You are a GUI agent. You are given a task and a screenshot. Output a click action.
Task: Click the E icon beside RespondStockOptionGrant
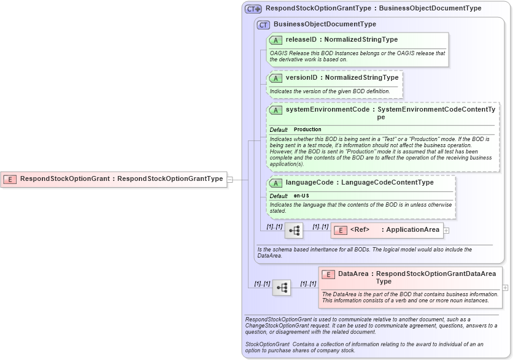click(x=10, y=179)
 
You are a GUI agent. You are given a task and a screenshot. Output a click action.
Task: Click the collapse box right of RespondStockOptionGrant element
click(x=230, y=179)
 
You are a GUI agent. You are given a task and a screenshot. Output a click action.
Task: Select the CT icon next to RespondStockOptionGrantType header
click(x=253, y=9)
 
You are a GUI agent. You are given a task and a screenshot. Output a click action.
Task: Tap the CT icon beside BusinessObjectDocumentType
click(x=263, y=25)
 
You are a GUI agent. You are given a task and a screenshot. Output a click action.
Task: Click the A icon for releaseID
click(x=276, y=40)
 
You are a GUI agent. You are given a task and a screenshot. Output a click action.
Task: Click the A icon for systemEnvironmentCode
click(x=276, y=110)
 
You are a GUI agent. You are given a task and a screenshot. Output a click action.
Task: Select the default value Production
click(x=307, y=129)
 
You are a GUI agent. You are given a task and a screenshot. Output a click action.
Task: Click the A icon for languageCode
click(x=276, y=183)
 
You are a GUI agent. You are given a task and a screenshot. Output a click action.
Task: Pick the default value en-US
click(x=301, y=196)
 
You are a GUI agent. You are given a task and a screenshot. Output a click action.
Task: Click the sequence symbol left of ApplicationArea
click(x=294, y=231)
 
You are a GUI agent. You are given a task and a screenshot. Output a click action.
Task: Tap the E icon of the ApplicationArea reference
click(x=341, y=230)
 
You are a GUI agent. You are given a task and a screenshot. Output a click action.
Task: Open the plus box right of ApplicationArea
click(x=446, y=231)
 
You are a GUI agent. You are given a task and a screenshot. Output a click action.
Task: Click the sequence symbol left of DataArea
click(x=282, y=287)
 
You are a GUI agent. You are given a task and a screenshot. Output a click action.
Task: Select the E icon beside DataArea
click(x=328, y=274)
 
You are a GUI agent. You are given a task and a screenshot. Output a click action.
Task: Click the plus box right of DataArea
click(x=505, y=287)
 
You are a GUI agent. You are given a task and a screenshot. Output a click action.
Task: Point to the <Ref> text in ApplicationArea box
click(x=360, y=230)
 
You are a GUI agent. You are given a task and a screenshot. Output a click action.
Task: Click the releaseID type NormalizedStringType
click(x=361, y=39)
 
